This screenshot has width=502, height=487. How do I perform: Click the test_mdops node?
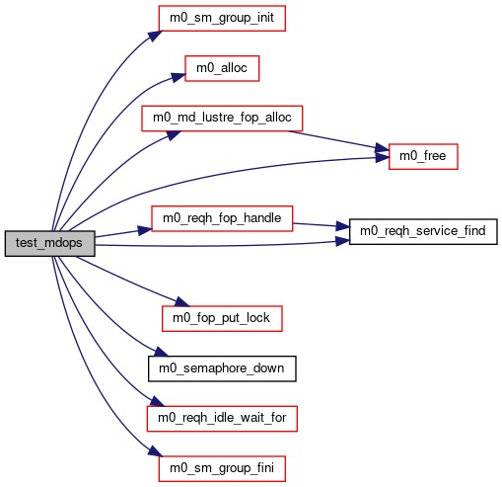pos(50,243)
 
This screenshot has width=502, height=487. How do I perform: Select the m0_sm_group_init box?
pos(222,18)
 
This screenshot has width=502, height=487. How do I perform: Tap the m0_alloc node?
pos(222,68)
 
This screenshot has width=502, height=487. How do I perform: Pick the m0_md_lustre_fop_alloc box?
pos(222,119)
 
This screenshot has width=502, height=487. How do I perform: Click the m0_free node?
pos(423,156)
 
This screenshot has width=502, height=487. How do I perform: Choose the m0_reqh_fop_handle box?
pos(222,218)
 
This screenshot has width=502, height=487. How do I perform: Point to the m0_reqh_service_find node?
pos(423,231)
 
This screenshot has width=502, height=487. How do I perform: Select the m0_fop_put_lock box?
pos(222,318)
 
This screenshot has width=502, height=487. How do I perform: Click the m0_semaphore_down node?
pos(222,368)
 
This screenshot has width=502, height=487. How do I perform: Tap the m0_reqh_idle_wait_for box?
pos(222,419)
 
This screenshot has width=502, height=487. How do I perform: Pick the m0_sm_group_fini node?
pos(222,468)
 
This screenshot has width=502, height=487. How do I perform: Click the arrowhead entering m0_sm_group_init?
pos(156,36)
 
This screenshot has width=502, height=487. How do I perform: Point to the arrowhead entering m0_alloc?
pos(179,77)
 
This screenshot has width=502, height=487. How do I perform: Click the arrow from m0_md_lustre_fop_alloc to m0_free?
pos(338,141)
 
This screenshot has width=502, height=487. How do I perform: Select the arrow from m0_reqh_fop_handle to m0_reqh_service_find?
pos(321,225)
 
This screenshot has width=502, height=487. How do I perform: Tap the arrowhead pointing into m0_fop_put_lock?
pos(182,301)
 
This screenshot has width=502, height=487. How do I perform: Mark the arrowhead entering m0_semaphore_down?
pos(162,352)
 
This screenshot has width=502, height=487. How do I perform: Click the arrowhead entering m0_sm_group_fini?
pos(156,451)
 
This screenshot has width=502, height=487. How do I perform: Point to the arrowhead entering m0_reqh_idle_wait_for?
pos(157,402)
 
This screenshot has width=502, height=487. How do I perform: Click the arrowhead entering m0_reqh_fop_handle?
pos(145,230)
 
